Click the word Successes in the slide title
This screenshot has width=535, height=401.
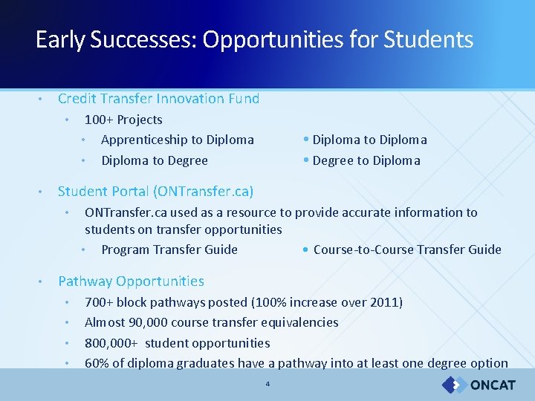(143, 39)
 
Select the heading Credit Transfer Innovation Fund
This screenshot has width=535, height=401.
(158, 99)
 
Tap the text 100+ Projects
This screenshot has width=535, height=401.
(123, 120)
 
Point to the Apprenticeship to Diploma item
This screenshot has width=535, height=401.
(177, 140)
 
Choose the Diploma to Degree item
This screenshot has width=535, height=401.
(154, 160)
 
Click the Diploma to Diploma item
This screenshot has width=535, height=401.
(369, 140)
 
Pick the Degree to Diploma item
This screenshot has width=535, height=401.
(366, 160)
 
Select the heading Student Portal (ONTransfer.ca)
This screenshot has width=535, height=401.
(155, 192)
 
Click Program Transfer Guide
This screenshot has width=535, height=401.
(169, 250)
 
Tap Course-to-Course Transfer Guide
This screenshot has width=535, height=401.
(407, 250)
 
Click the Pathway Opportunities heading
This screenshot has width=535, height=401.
(131, 281)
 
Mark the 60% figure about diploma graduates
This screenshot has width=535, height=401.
(95, 363)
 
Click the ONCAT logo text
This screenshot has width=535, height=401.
(493, 385)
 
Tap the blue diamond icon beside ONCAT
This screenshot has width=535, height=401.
(453, 385)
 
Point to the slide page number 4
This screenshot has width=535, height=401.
(267, 384)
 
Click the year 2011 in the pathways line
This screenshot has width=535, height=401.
(385, 302)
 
